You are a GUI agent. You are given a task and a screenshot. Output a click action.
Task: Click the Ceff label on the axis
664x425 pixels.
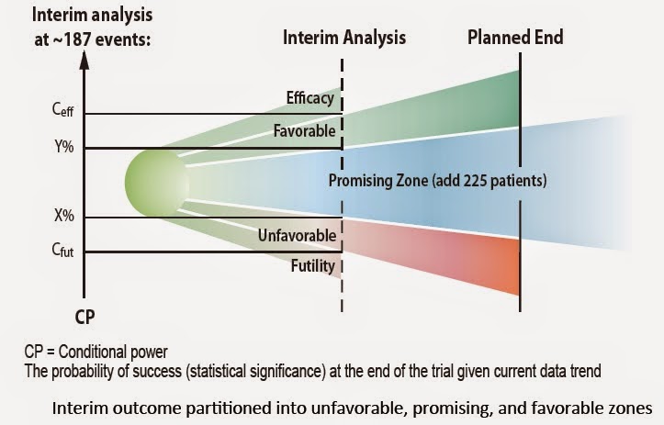coord(62,115)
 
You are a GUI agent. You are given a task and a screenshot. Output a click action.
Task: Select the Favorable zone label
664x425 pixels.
coord(305,131)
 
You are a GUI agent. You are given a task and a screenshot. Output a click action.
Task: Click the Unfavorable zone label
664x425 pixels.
coord(297,235)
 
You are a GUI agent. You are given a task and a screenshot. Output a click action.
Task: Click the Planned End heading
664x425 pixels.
coord(515,39)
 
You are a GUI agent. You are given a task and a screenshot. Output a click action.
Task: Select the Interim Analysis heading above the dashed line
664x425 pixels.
coord(344,39)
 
